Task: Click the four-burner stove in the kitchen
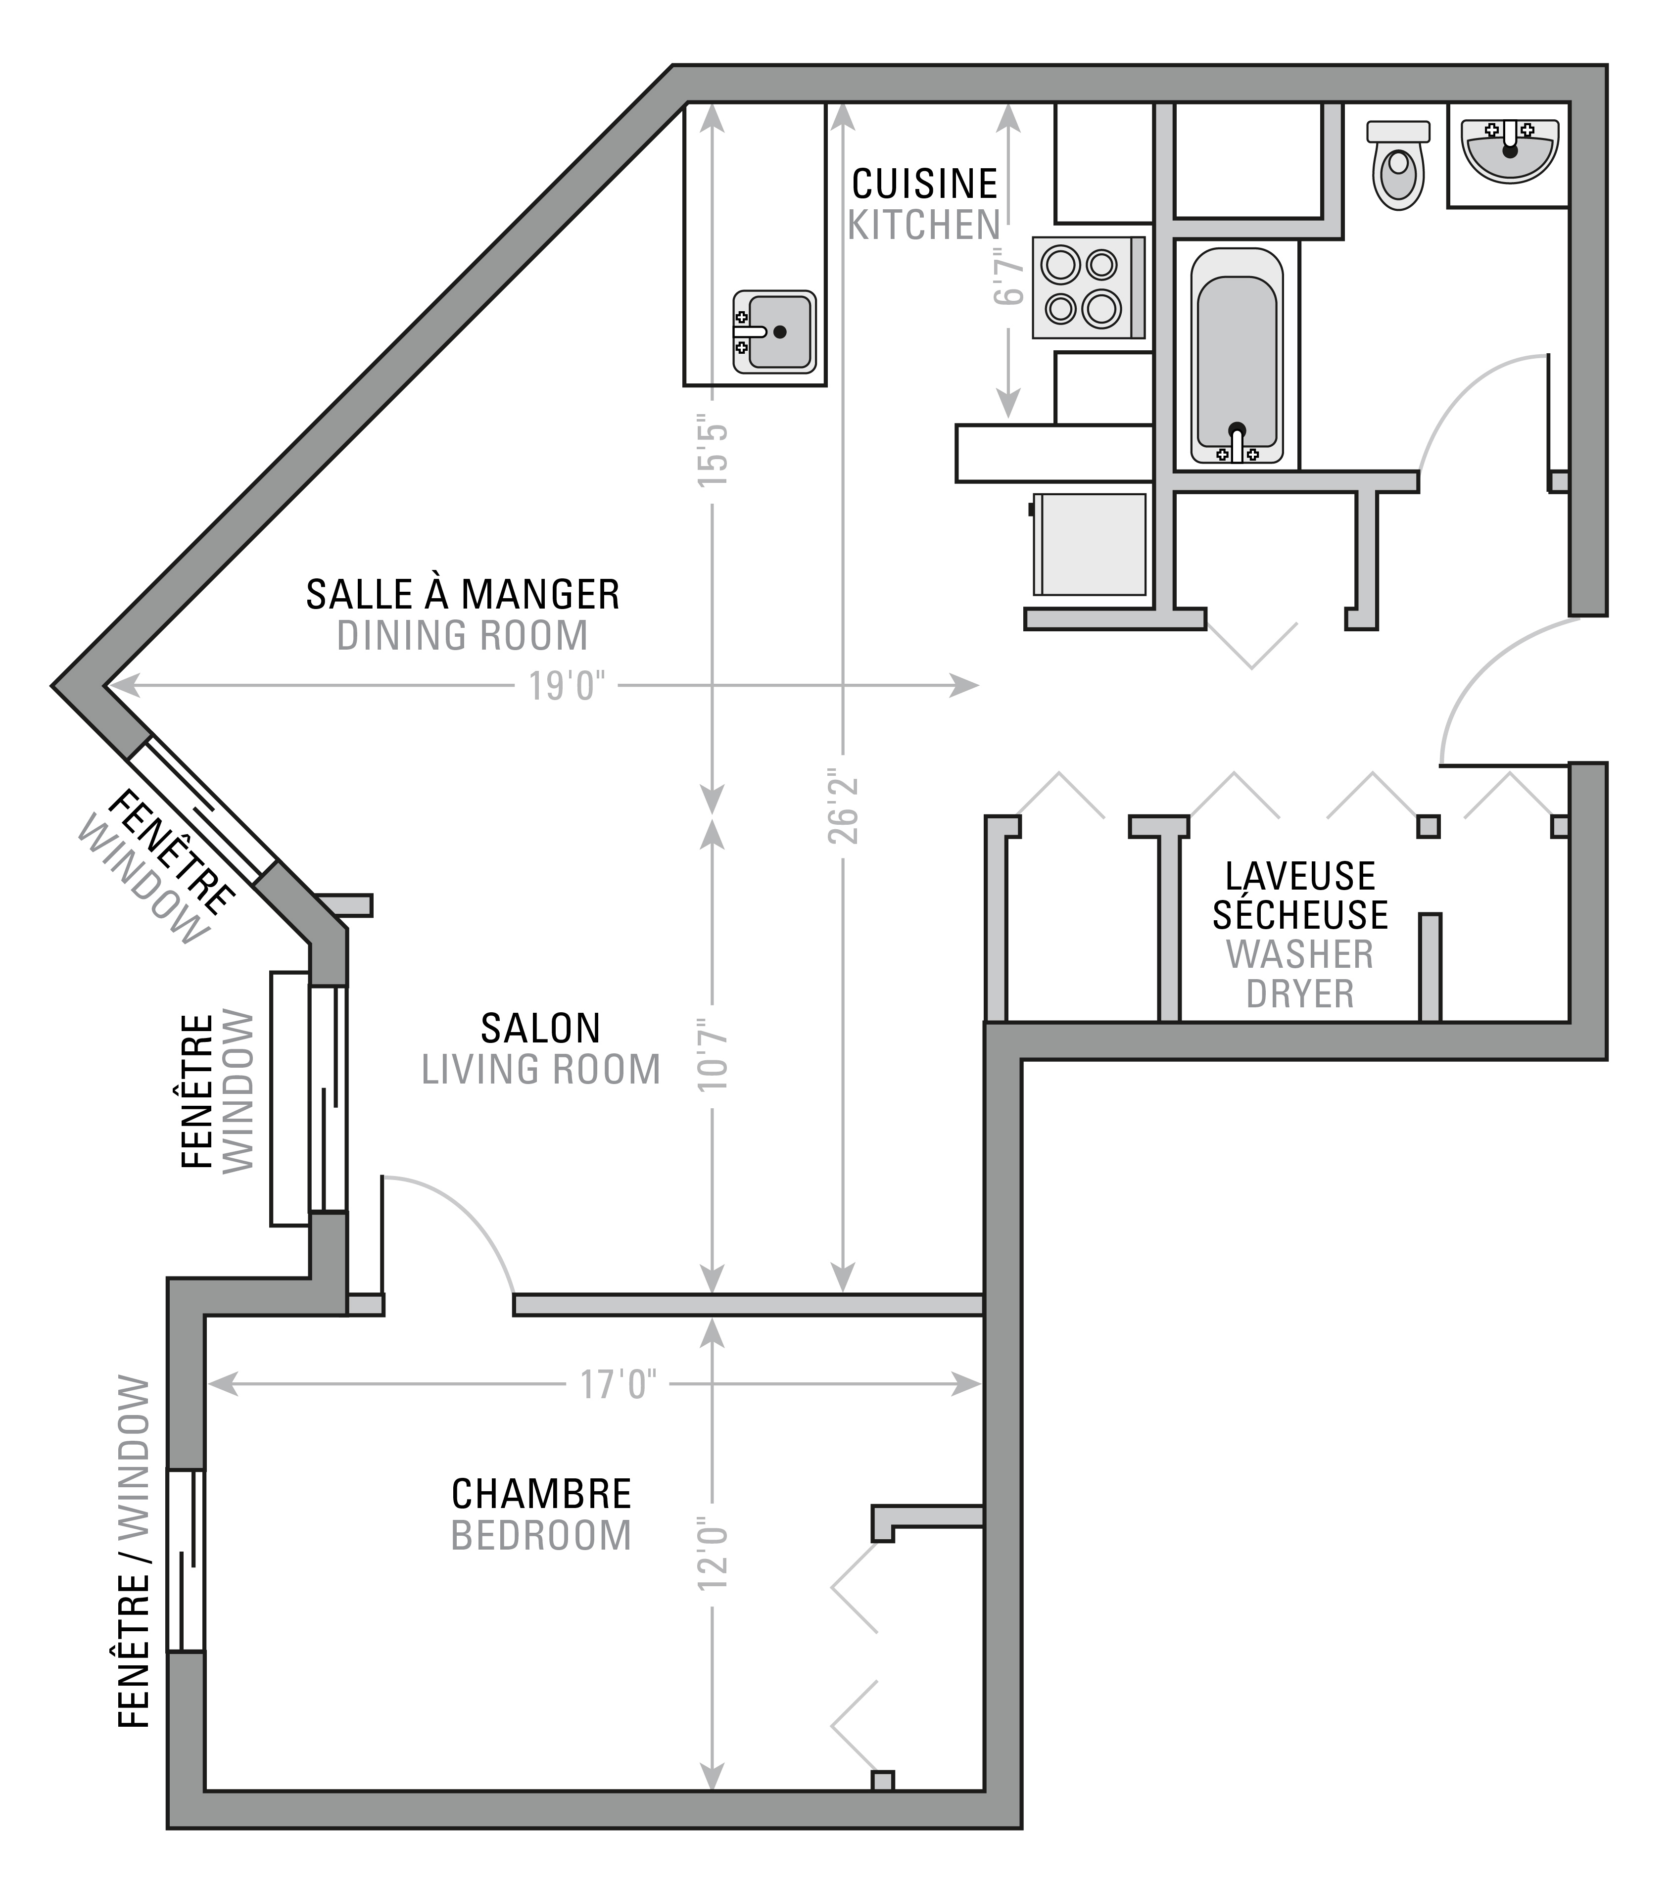pyautogui.click(x=1088, y=286)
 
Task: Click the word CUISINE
pyautogui.click(x=924, y=184)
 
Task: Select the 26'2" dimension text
pyautogui.click(x=842, y=805)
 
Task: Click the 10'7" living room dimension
pyautogui.click(x=713, y=1053)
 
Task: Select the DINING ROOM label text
pyautogui.click(x=462, y=636)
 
